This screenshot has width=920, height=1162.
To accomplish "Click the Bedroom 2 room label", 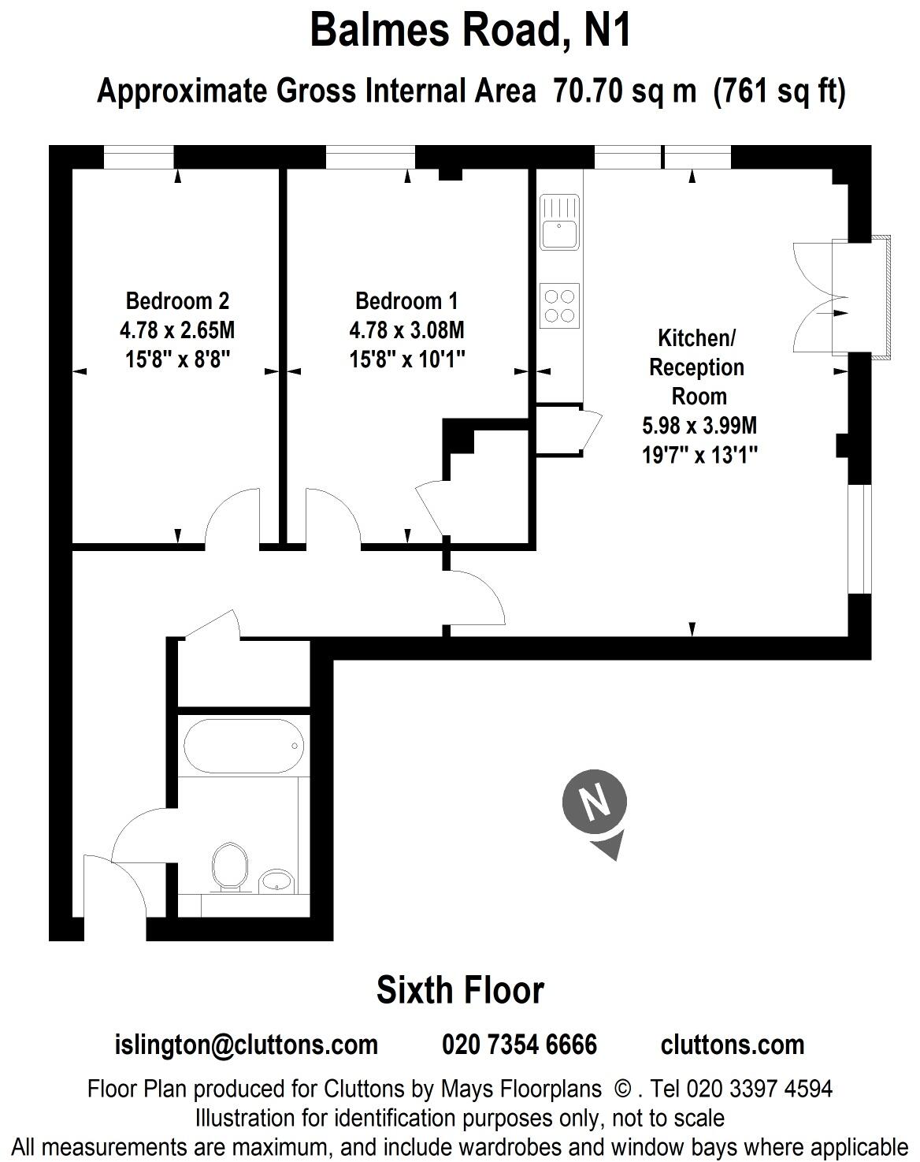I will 177,300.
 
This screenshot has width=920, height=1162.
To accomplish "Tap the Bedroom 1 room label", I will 406,300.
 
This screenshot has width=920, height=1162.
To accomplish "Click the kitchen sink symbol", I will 559,223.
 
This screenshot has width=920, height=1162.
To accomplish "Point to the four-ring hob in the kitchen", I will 559,306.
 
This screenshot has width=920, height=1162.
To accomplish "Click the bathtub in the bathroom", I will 243,746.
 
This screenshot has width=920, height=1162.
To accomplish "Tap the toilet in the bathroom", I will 229,867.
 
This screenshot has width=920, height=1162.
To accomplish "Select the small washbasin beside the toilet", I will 276,881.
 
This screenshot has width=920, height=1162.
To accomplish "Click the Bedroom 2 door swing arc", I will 232,516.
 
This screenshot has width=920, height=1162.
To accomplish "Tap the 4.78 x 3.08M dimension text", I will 406,330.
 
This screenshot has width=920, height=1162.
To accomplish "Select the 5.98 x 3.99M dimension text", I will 699,426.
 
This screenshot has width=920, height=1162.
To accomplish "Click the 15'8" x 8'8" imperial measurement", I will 177,359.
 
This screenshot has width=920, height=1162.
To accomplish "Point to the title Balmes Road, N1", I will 470,32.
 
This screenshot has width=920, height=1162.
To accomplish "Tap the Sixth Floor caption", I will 460,990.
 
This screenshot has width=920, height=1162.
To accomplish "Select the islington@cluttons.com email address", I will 247,1045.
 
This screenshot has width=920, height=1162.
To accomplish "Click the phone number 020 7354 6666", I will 519,1045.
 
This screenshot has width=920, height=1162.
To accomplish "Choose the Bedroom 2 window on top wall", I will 139,158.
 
